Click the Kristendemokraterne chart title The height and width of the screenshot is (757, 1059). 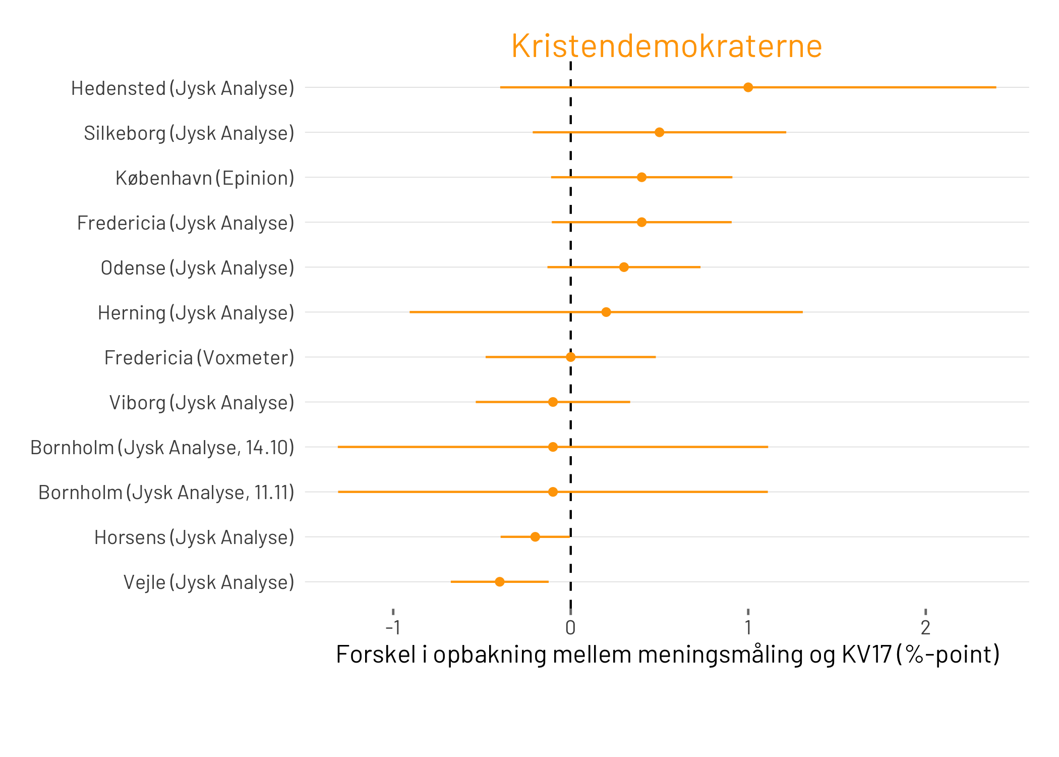pyautogui.click(x=667, y=46)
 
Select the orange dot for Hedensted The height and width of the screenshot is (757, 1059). pyautogui.click(x=748, y=87)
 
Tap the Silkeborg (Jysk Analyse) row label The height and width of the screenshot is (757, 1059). pyautogui.click(x=189, y=133)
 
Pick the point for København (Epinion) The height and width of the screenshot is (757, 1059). pyautogui.click(x=641, y=177)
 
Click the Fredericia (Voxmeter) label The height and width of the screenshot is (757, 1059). pyautogui.click(x=199, y=358)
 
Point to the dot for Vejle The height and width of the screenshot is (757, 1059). pyautogui.click(x=499, y=582)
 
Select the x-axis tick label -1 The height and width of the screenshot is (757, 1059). pyautogui.click(x=393, y=628)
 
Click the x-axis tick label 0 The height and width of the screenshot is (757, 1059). pyautogui.click(x=570, y=628)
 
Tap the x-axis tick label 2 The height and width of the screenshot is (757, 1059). pyautogui.click(x=925, y=628)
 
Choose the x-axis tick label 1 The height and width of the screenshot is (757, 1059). pyautogui.click(x=748, y=628)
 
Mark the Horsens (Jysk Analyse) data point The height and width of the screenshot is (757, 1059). pyautogui.click(x=535, y=537)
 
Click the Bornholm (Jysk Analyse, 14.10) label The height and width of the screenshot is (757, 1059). pyautogui.click(x=162, y=448)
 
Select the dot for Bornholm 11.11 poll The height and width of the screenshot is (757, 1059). pyautogui.click(x=553, y=492)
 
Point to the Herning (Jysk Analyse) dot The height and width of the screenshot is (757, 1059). pyautogui.click(x=606, y=312)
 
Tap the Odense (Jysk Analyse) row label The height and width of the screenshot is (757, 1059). pyautogui.click(x=197, y=268)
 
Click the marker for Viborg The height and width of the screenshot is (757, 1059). pyautogui.click(x=553, y=402)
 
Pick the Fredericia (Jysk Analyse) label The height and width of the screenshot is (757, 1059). pyautogui.click(x=185, y=223)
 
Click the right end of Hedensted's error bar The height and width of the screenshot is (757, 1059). pyautogui.click(x=995, y=87)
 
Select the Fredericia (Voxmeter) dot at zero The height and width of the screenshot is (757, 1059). pyautogui.click(x=570, y=357)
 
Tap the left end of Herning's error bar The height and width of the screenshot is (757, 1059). pyautogui.click(x=410, y=312)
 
